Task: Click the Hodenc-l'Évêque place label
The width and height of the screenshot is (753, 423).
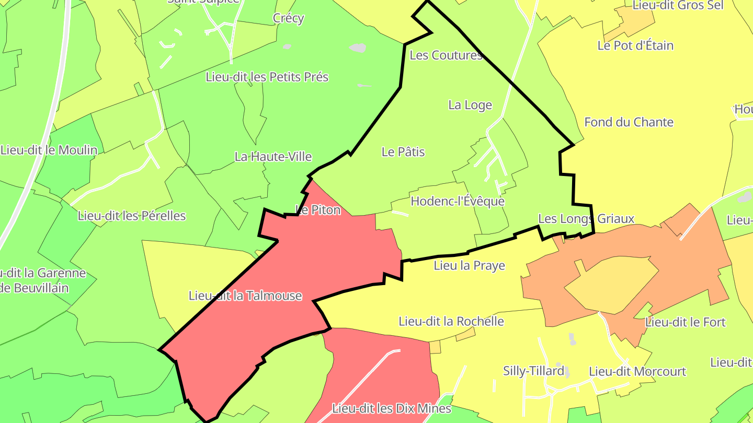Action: pos(458,201)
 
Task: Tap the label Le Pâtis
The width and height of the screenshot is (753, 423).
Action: pos(403,152)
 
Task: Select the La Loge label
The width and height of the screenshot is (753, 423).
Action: pos(470,105)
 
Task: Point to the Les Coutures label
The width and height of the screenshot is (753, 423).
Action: pos(446,55)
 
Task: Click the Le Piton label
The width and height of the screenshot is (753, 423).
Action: pos(318,210)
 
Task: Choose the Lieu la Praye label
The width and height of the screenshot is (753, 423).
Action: pos(470,265)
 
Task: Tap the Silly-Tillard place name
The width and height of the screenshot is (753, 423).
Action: pos(533,371)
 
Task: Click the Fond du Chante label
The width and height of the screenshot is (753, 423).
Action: pos(629,122)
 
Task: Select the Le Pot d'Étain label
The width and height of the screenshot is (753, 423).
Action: pos(635,45)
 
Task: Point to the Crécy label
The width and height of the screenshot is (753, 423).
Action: pos(288,18)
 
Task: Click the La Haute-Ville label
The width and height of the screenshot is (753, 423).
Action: pos(273,156)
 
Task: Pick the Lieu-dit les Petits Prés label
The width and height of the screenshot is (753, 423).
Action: pos(267,77)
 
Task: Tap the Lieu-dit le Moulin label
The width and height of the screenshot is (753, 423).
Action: pos(49,150)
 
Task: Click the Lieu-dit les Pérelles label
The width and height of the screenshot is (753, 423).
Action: pos(131,216)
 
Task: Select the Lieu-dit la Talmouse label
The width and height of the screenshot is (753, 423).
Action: pos(245,296)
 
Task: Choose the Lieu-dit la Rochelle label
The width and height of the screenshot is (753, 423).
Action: pos(451,321)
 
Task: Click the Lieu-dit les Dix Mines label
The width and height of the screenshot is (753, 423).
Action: pos(392,408)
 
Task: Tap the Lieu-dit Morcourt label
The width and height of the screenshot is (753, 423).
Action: pos(637,371)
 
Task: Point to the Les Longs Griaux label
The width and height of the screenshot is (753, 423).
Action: pos(586,218)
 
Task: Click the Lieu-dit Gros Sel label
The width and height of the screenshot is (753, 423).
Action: pos(678,5)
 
